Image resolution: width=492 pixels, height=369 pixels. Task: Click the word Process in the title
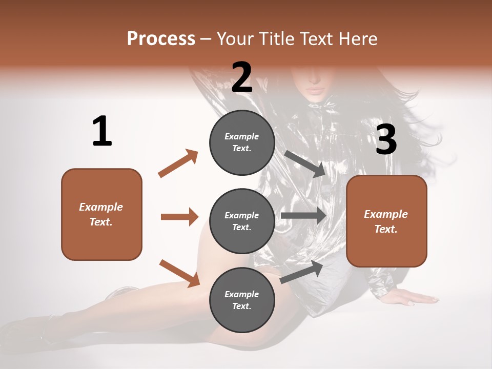(161, 39)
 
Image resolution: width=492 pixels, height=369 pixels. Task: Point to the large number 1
(102, 132)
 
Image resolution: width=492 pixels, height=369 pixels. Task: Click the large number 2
(242, 77)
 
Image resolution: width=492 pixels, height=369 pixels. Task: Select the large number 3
(386, 140)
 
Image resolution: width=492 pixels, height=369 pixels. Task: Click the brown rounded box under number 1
(101, 214)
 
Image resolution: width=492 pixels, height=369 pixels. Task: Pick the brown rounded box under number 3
(386, 221)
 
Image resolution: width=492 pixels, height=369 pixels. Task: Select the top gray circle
(242, 142)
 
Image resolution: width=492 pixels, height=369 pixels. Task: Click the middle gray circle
(242, 221)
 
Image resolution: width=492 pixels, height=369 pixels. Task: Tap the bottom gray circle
(242, 300)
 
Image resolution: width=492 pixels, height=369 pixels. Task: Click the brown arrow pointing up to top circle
(178, 163)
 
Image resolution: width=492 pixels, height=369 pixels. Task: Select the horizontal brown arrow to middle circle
(179, 217)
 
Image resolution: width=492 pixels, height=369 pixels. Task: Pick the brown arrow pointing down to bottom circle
(179, 273)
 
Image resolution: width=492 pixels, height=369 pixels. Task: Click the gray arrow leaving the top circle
(304, 163)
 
